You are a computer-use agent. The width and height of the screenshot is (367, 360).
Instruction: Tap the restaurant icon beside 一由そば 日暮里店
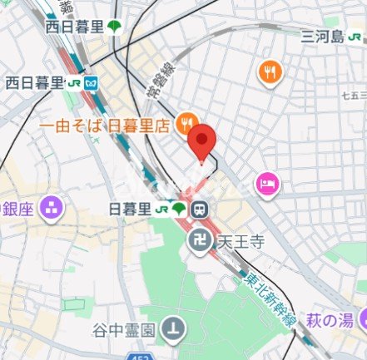tap(188, 121)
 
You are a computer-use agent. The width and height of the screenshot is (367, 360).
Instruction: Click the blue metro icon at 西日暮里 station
tap(91, 82)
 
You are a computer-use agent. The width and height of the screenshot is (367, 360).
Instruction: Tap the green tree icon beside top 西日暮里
tap(113, 26)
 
